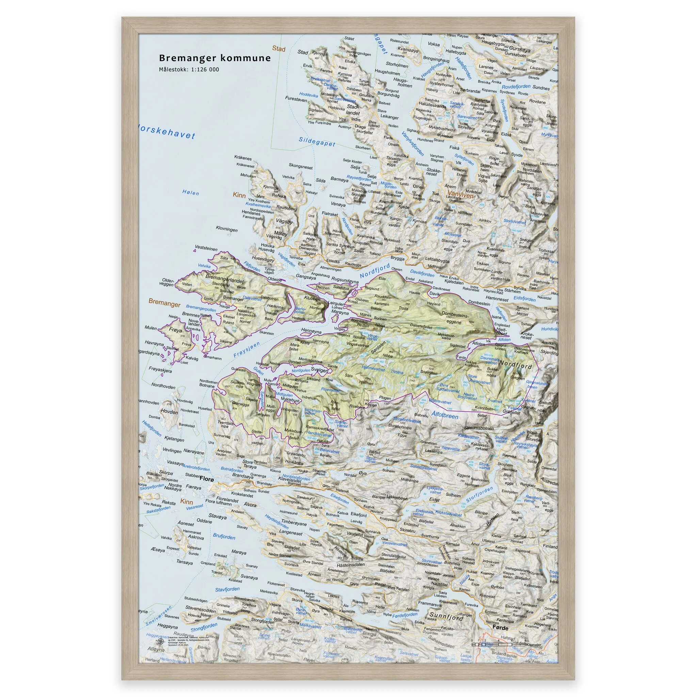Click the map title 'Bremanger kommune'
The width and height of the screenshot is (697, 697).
(215, 58)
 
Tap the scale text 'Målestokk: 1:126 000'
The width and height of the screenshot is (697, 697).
(189, 70)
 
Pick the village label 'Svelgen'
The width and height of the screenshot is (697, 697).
(320, 370)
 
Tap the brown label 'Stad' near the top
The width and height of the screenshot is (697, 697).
(278, 49)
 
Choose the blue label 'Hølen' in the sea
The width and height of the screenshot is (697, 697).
(191, 193)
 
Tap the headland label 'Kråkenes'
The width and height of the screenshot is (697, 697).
(243, 158)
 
